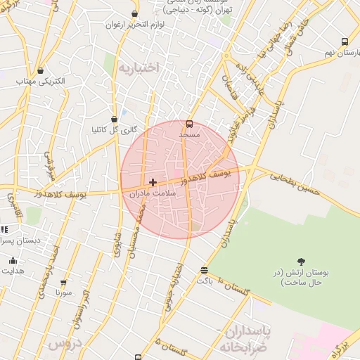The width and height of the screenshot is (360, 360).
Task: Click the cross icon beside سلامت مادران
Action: [153, 182]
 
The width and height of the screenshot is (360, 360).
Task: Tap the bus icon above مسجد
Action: [189, 124]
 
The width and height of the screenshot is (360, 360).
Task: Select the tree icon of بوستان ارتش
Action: [302, 262]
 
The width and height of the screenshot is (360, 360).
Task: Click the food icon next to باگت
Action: [204, 270]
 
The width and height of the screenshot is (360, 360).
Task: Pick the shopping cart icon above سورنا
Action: [63, 282]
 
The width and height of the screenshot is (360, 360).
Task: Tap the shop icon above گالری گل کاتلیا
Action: [114, 120]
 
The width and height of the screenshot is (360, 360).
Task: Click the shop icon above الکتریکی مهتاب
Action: [40, 70]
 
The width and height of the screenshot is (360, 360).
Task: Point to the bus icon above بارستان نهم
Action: [344, 42]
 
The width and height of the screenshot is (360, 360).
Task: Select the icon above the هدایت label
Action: [12, 261]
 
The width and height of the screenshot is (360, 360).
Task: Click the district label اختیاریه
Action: [139, 67]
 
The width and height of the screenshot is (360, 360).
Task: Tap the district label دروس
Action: [64, 344]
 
